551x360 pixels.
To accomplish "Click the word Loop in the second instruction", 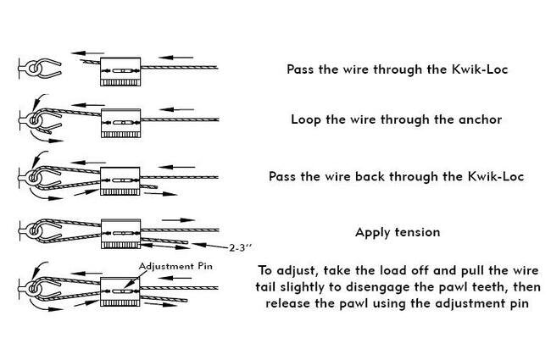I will (x=306, y=119).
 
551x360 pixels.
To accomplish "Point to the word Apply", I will (x=372, y=231).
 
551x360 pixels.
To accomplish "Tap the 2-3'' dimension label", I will (x=244, y=247).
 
